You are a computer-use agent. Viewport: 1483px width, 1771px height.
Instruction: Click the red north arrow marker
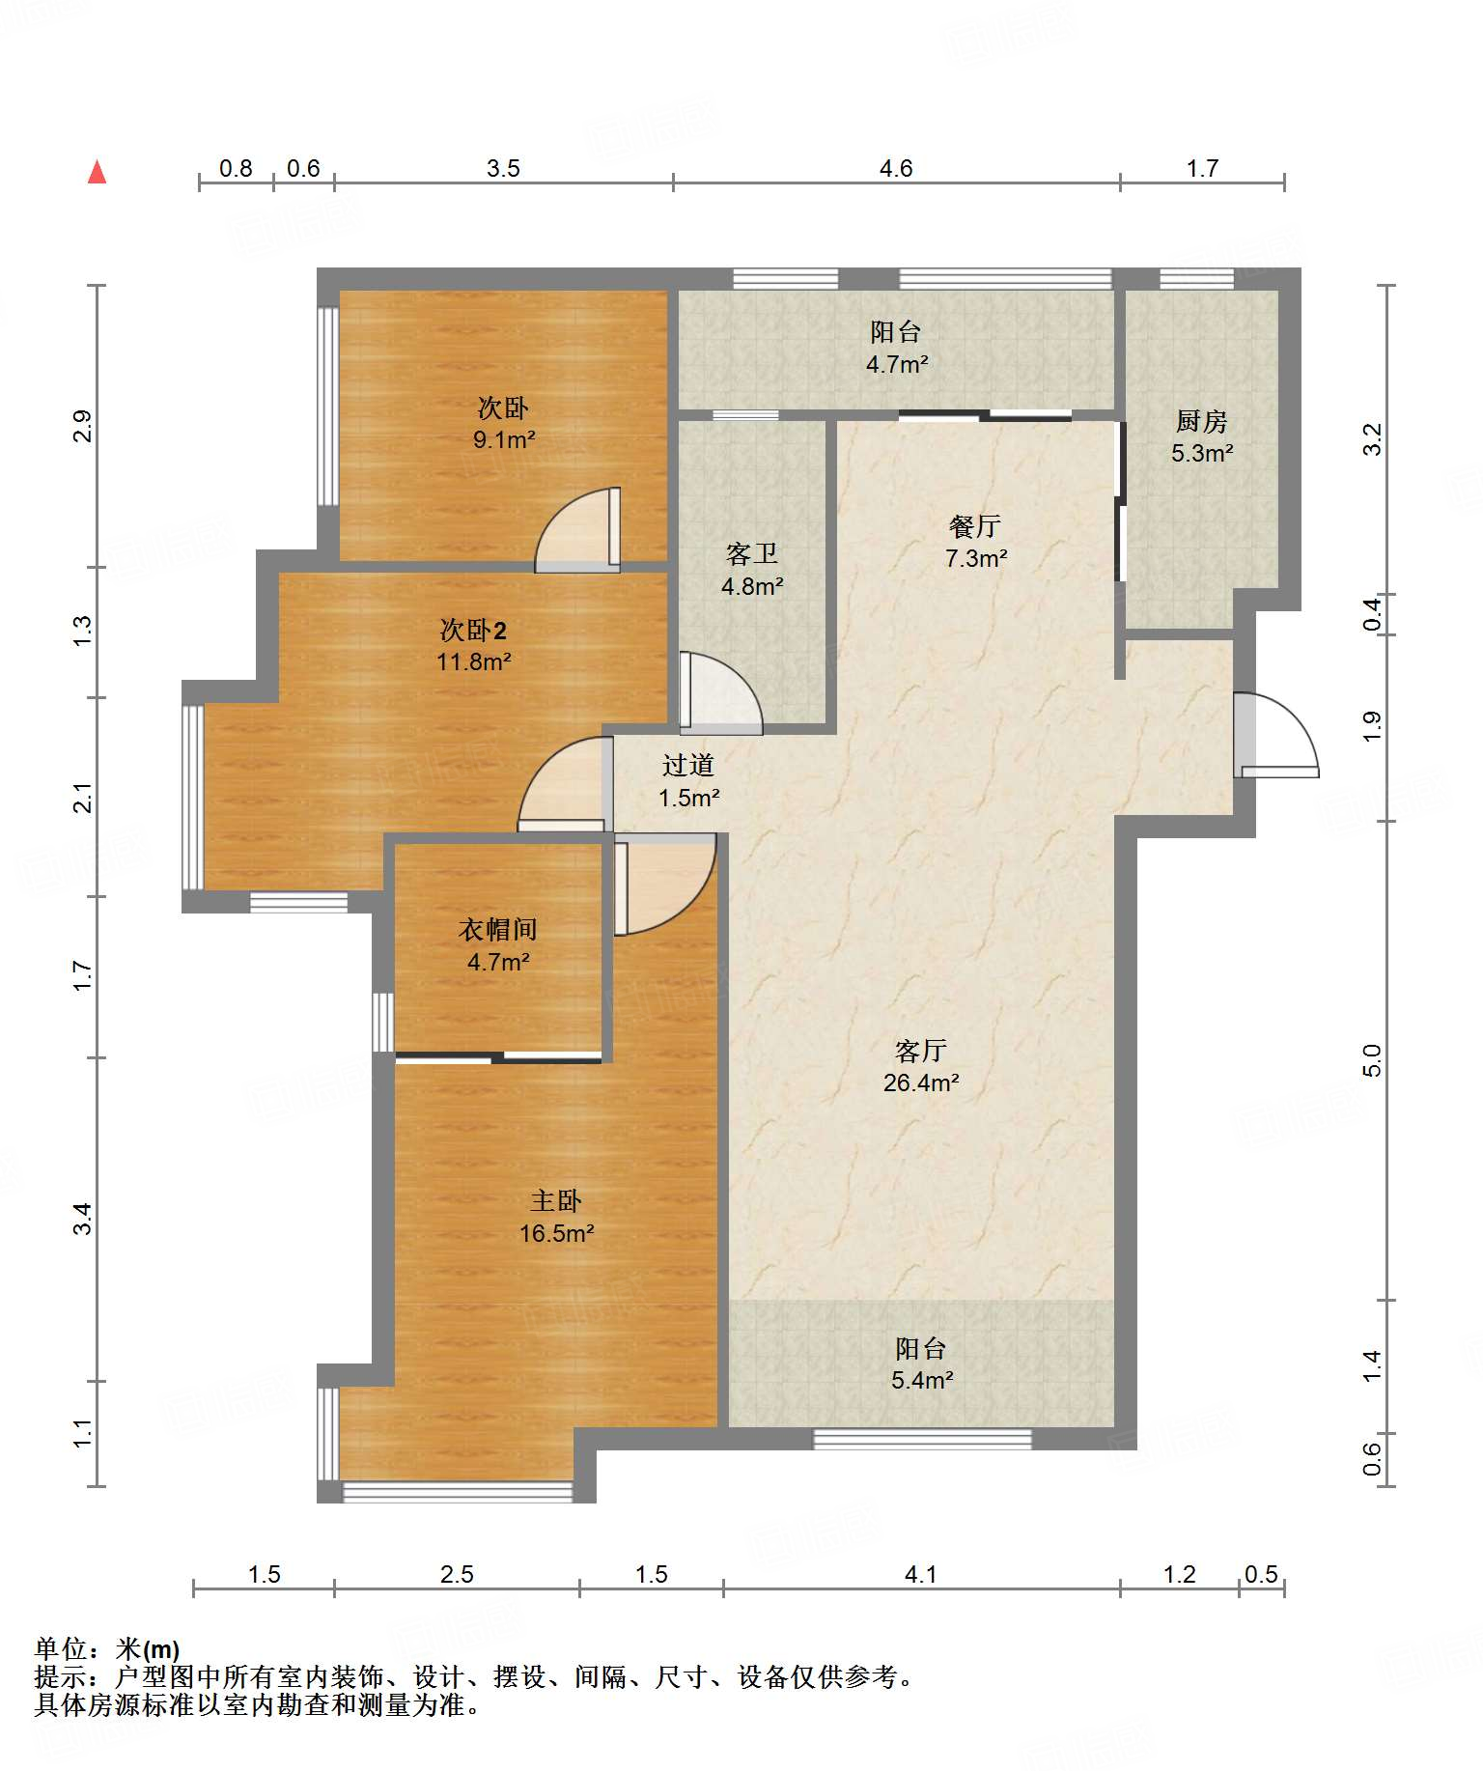pyautogui.click(x=97, y=172)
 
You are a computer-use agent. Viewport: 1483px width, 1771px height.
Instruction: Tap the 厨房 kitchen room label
pyautogui.click(x=1201, y=421)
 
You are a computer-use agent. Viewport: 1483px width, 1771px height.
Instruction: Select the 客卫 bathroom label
pyautogui.click(x=751, y=553)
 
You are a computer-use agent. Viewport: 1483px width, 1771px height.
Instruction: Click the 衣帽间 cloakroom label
pyautogui.click(x=497, y=929)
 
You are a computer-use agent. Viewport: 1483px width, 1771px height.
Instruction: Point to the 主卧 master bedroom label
pyautogui.click(x=555, y=1200)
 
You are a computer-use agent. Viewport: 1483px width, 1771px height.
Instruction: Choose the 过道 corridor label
pyautogui.click(x=687, y=765)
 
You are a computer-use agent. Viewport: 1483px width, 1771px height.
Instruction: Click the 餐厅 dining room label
pyautogui.click(x=974, y=525)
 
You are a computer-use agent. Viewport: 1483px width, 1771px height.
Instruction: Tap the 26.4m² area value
pyautogui.click(x=921, y=1082)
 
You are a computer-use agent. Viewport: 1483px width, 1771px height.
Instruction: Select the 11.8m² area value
pyautogui.click(x=473, y=661)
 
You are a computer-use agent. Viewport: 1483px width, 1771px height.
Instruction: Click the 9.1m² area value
pyautogui.click(x=503, y=439)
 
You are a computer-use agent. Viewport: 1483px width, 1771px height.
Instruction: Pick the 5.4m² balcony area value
pyautogui.click(x=921, y=1380)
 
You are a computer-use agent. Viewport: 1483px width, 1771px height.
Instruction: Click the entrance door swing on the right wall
pyautogui.click(x=1275, y=735)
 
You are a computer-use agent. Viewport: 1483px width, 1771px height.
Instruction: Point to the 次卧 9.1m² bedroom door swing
pyautogui.click(x=577, y=529)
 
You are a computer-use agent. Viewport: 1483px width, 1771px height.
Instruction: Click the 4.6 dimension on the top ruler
pyautogui.click(x=895, y=168)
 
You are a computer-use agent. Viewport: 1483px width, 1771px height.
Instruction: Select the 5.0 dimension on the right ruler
pyautogui.click(x=1372, y=1060)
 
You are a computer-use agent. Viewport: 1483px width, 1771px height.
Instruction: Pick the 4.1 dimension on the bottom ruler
pyautogui.click(x=920, y=1575)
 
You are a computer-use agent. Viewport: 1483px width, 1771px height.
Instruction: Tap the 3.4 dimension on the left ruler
pyautogui.click(x=83, y=1218)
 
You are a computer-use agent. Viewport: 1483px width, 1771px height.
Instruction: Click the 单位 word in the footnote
pyautogui.click(x=61, y=1648)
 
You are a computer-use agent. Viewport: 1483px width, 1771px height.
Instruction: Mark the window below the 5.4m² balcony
pyautogui.click(x=922, y=1439)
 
